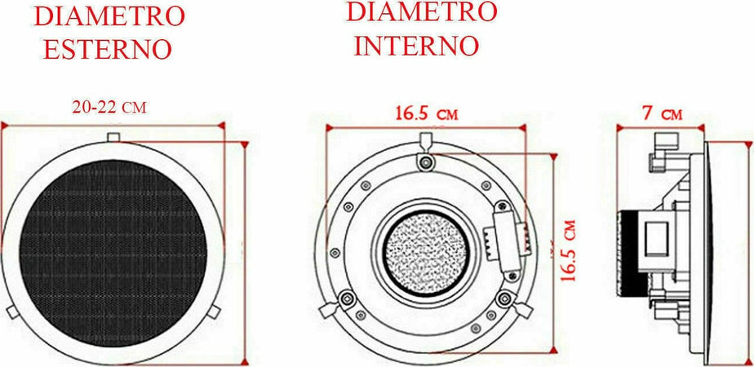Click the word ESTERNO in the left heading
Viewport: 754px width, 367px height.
point(107,49)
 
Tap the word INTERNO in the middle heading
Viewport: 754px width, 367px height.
point(415,45)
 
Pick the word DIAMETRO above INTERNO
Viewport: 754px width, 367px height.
point(421,11)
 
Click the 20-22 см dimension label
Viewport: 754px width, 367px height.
point(109,108)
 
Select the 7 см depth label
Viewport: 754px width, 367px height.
point(661,113)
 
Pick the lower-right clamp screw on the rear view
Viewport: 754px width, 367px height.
point(500,298)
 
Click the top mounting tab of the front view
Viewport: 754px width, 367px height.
point(115,137)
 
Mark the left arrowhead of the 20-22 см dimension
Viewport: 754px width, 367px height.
point(4,126)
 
